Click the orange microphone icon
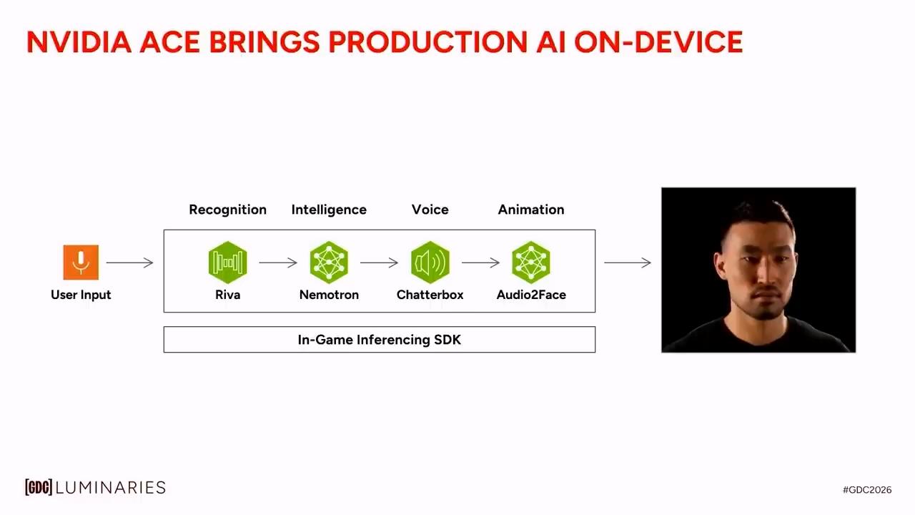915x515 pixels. tap(81, 263)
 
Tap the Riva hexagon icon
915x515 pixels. tap(227, 263)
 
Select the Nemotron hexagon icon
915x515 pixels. tap(329, 263)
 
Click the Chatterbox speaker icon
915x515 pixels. tap(430, 263)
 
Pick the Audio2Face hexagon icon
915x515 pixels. tap(531, 263)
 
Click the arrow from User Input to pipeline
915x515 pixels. tap(130, 263)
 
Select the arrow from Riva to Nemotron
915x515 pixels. tap(278, 263)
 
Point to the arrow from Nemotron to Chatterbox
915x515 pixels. tap(380, 263)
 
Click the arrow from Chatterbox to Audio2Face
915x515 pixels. tap(481, 263)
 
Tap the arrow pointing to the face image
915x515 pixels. tap(628, 263)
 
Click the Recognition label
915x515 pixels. tap(227, 210)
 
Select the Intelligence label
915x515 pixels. tap(329, 210)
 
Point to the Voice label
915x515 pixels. tap(430, 210)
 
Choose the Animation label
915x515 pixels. tap(531, 210)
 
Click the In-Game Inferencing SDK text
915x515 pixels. tap(380, 340)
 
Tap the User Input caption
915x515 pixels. tap(81, 295)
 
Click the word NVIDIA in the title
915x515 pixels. tap(79, 41)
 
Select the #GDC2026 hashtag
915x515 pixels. tap(867, 490)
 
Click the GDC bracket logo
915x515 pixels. tap(39, 487)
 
